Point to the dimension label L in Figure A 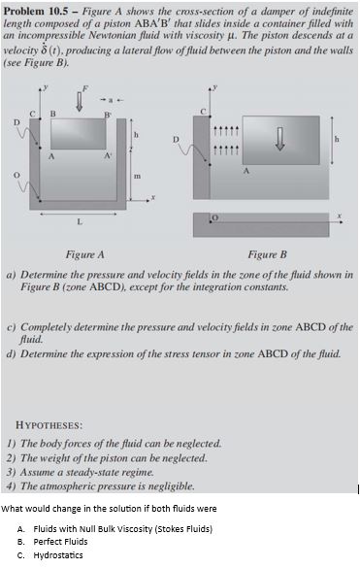pyautogui.click(x=80, y=220)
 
